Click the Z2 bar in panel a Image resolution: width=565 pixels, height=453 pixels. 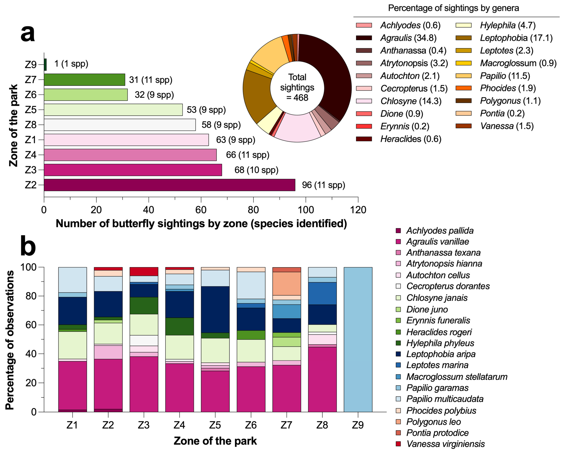169,185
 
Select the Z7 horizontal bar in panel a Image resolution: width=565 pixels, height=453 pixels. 84,80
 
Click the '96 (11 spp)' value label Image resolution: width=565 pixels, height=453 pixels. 323,185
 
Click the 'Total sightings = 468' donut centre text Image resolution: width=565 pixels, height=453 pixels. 297,87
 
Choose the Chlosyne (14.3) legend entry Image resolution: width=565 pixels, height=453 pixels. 411,101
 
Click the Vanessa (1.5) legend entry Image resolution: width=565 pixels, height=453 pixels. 507,126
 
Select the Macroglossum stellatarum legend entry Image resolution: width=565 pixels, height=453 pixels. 457,377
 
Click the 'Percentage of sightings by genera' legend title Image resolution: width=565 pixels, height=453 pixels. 453,8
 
